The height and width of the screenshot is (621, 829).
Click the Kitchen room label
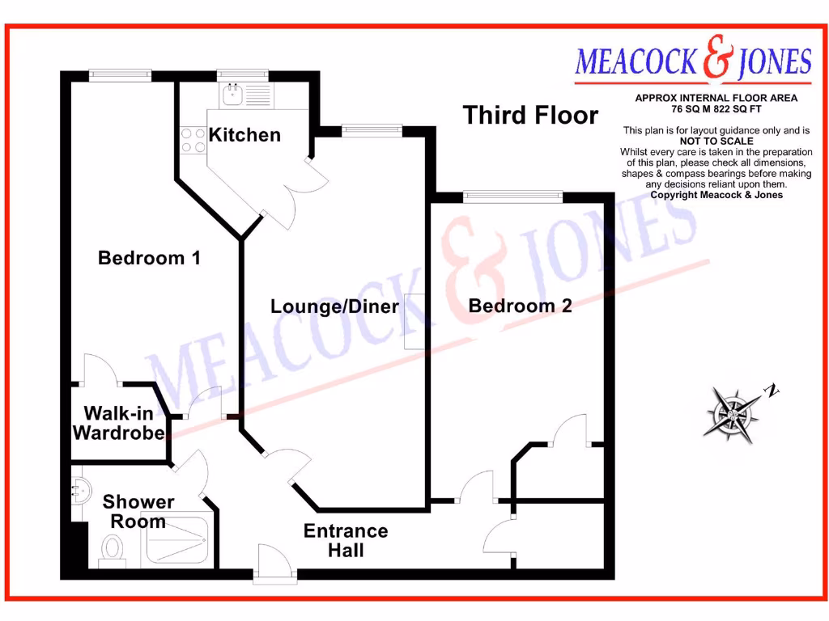244,135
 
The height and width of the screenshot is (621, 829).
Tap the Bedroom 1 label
149,258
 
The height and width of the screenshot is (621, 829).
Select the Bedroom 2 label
520,306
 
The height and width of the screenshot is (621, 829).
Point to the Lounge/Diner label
334,306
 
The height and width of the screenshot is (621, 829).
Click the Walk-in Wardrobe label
118,424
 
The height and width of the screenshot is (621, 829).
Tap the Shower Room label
138,512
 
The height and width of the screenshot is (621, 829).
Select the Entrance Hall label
346,541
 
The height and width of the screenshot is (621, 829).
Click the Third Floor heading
530,116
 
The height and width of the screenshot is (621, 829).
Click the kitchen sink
232,93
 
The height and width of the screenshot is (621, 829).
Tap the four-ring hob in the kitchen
193,140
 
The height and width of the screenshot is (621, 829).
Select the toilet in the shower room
111,551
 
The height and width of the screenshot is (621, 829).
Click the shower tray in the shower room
176,540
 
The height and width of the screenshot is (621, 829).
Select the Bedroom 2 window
512,195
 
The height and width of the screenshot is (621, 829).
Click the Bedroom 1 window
120,75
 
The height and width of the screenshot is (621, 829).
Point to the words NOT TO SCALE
716,141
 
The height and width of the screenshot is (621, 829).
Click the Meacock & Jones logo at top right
693,62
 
